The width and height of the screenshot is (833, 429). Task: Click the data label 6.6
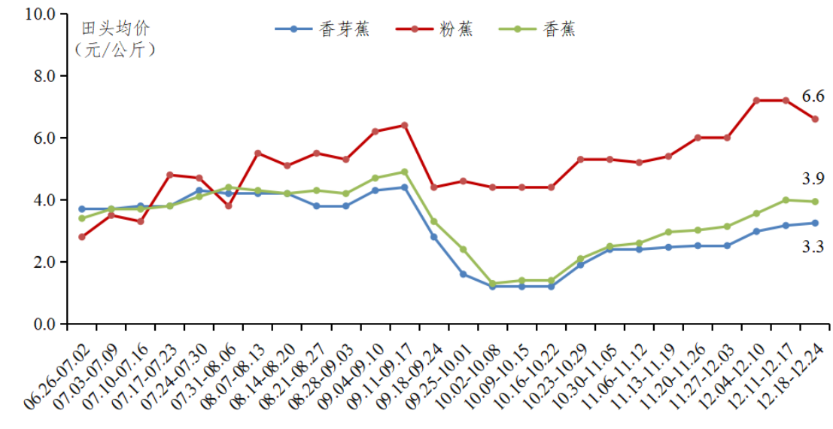[x=813, y=96]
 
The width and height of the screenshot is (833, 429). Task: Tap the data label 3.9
[x=813, y=179]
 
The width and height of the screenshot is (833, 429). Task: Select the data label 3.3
[x=813, y=246]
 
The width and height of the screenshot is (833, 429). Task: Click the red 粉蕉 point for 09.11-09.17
[x=404, y=126]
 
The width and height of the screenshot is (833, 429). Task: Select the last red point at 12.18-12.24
[x=815, y=119]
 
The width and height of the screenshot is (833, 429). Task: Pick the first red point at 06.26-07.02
[x=81, y=237]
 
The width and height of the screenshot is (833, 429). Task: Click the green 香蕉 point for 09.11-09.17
[x=404, y=172]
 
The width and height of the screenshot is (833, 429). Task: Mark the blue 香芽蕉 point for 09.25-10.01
[x=463, y=274]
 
